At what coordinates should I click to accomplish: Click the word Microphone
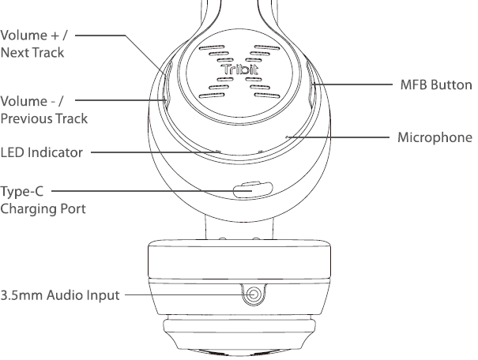(x=435, y=136)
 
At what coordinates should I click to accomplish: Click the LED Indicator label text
(x=41, y=152)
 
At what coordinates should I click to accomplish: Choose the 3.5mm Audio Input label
(x=60, y=296)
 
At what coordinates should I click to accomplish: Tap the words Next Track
(x=32, y=54)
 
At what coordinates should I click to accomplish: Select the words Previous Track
(x=43, y=118)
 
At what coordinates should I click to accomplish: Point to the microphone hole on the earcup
(x=288, y=137)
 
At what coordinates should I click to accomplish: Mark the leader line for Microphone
(x=340, y=137)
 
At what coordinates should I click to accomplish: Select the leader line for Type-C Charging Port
(x=142, y=190)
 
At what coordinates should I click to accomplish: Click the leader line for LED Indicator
(x=150, y=151)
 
